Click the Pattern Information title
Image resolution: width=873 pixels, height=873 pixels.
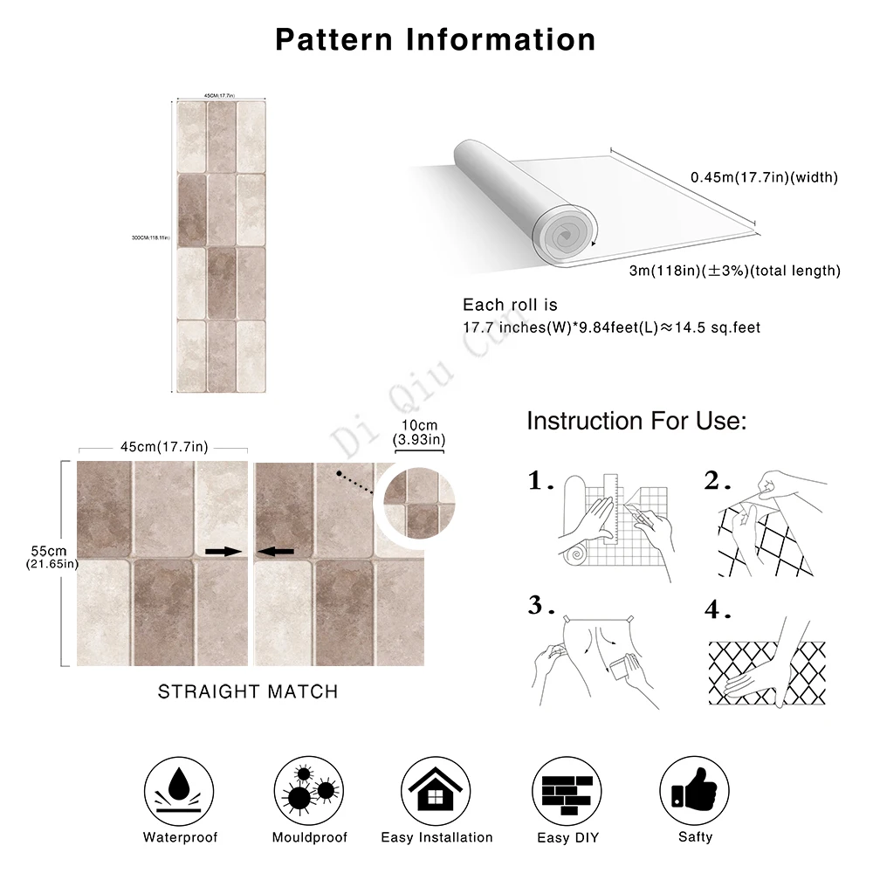coord(436,39)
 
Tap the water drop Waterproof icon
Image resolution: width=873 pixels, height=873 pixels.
coord(180,788)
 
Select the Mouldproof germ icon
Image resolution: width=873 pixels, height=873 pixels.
coord(309,788)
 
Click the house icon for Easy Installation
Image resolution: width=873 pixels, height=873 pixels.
coord(436,788)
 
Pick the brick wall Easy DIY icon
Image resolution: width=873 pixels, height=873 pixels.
coord(566,788)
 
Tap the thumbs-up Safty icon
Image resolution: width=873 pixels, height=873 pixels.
coord(694,788)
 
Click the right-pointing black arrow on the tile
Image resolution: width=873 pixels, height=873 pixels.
coord(221,552)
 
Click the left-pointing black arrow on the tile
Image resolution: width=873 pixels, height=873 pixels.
coord(277,552)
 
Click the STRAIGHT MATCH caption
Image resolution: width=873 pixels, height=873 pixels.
coord(247,691)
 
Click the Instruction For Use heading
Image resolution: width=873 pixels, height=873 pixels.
coord(636,422)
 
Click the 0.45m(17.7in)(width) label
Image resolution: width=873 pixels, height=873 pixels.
coord(764,177)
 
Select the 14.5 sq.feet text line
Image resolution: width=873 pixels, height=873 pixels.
coord(611,328)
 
